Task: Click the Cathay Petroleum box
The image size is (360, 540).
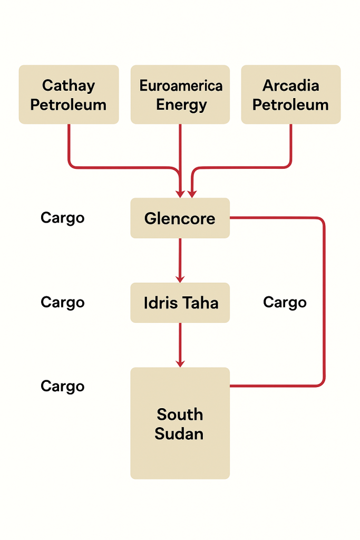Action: pos(69,94)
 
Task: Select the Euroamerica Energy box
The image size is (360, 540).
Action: pos(180,94)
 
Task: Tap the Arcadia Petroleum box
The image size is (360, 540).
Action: pos(290,94)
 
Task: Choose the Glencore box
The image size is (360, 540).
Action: pos(180,218)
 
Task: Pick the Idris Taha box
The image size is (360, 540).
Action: pos(180,303)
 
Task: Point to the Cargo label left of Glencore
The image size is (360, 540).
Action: pos(63,218)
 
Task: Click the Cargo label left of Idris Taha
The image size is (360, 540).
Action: pos(63,302)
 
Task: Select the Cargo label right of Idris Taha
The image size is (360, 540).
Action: pos(285,302)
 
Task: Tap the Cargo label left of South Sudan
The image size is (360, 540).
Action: pos(63,386)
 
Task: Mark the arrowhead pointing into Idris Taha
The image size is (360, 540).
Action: pos(180,278)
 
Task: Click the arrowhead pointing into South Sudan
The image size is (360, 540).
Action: pos(180,363)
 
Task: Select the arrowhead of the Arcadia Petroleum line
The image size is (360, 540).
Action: pos(192,193)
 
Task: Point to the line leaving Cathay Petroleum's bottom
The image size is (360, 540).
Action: pos(69,145)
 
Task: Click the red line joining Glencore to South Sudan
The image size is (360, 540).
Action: pos(324,301)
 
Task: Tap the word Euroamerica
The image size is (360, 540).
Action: pos(181,85)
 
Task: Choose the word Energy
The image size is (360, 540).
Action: pos(181,104)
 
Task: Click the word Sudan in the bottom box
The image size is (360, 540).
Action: pos(179,434)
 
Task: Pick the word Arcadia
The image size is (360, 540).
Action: pos(290,85)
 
